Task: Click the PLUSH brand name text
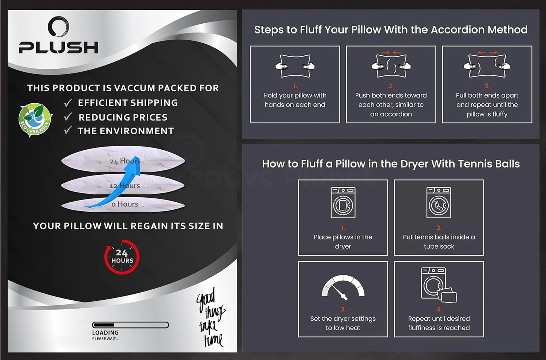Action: tap(59, 47)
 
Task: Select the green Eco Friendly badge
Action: tap(36, 120)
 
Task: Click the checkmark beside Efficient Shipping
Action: tap(68, 103)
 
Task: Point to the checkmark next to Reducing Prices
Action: tap(68, 117)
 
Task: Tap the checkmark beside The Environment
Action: tap(68, 130)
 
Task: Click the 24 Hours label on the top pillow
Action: tap(125, 161)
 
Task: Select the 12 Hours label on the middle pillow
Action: tap(124, 186)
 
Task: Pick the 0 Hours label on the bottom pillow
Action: tap(125, 204)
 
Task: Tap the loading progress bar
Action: tap(130, 325)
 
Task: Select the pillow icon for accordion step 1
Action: tap(295, 66)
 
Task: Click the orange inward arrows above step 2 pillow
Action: tap(391, 52)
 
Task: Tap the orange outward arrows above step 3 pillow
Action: tap(487, 52)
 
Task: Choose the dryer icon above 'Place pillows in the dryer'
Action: tap(343, 202)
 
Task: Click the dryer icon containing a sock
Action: tap(439, 202)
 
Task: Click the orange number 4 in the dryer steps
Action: tap(439, 309)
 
